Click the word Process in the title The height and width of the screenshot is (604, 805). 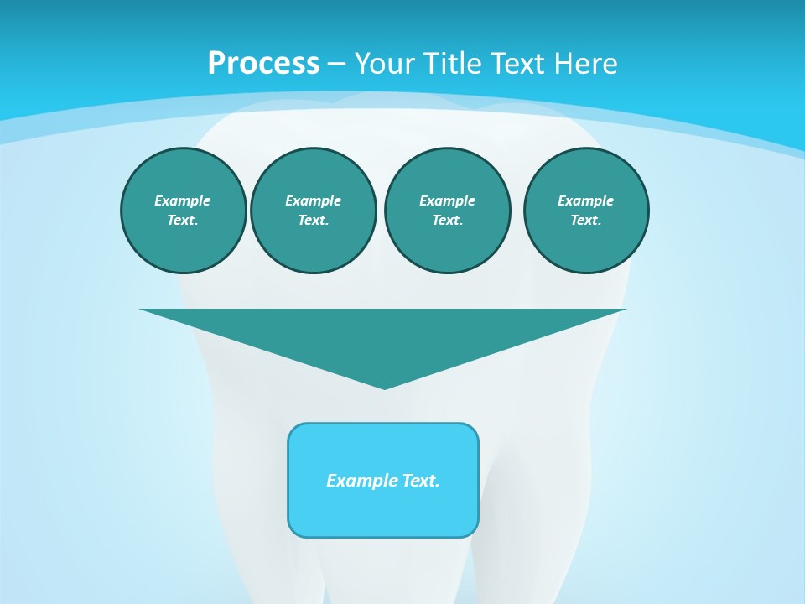[263, 64]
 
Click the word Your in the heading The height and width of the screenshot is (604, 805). [384, 64]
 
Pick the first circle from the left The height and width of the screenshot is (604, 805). [183, 211]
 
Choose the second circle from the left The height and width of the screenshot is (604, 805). [313, 211]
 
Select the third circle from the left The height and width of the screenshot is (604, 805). [447, 211]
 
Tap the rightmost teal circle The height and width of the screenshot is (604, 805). [586, 211]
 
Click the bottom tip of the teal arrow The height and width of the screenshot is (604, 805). [384, 387]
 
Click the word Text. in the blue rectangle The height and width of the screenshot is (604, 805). [421, 481]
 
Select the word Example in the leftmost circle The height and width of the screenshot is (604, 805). [183, 200]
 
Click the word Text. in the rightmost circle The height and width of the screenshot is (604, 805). [586, 221]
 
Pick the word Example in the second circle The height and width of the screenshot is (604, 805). [313, 200]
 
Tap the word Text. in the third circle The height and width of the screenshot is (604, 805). [447, 221]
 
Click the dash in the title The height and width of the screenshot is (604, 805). [336, 64]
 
